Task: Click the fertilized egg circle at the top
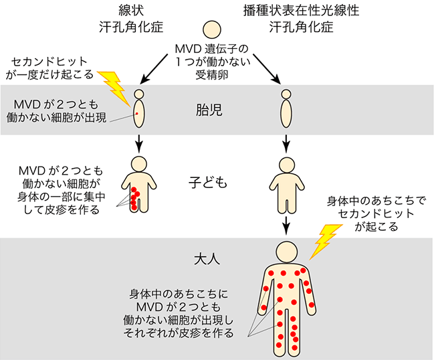pyautogui.click(x=212, y=29)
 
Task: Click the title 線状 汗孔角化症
pyautogui.click(x=131, y=19)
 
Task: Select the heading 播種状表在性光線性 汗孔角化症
pyautogui.click(x=301, y=19)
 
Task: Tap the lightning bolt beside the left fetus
pyautogui.click(x=114, y=88)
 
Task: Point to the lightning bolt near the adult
pyautogui.click(x=326, y=242)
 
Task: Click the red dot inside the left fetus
pyautogui.click(x=136, y=114)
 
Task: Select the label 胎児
pyautogui.click(x=209, y=110)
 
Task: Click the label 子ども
pyautogui.click(x=207, y=183)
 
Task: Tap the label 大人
pyautogui.click(x=207, y=259)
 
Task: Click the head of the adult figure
pyautogui.click(x=286, y=252)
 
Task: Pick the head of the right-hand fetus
pyautogui.click(x=286, y=94)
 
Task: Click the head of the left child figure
pyautogui.click(x=138, y=165)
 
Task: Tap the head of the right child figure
pyautogui.click(x=287, y=165)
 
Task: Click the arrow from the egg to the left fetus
pyautogui.click(x=154, y=69)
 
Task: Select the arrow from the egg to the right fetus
pyautogui.click(x=267, y=69)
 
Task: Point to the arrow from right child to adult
pyautogui.click(x=286, y=225)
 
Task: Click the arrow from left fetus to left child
pyautogui.click(x=139, y=143)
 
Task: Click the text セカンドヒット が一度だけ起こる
pyautogui.click(x=50, y=68)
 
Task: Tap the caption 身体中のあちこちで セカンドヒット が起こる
pyautogui.click(x=376, y=213)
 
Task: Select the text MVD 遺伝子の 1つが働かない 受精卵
pyautogui.click(x=212, y=62)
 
